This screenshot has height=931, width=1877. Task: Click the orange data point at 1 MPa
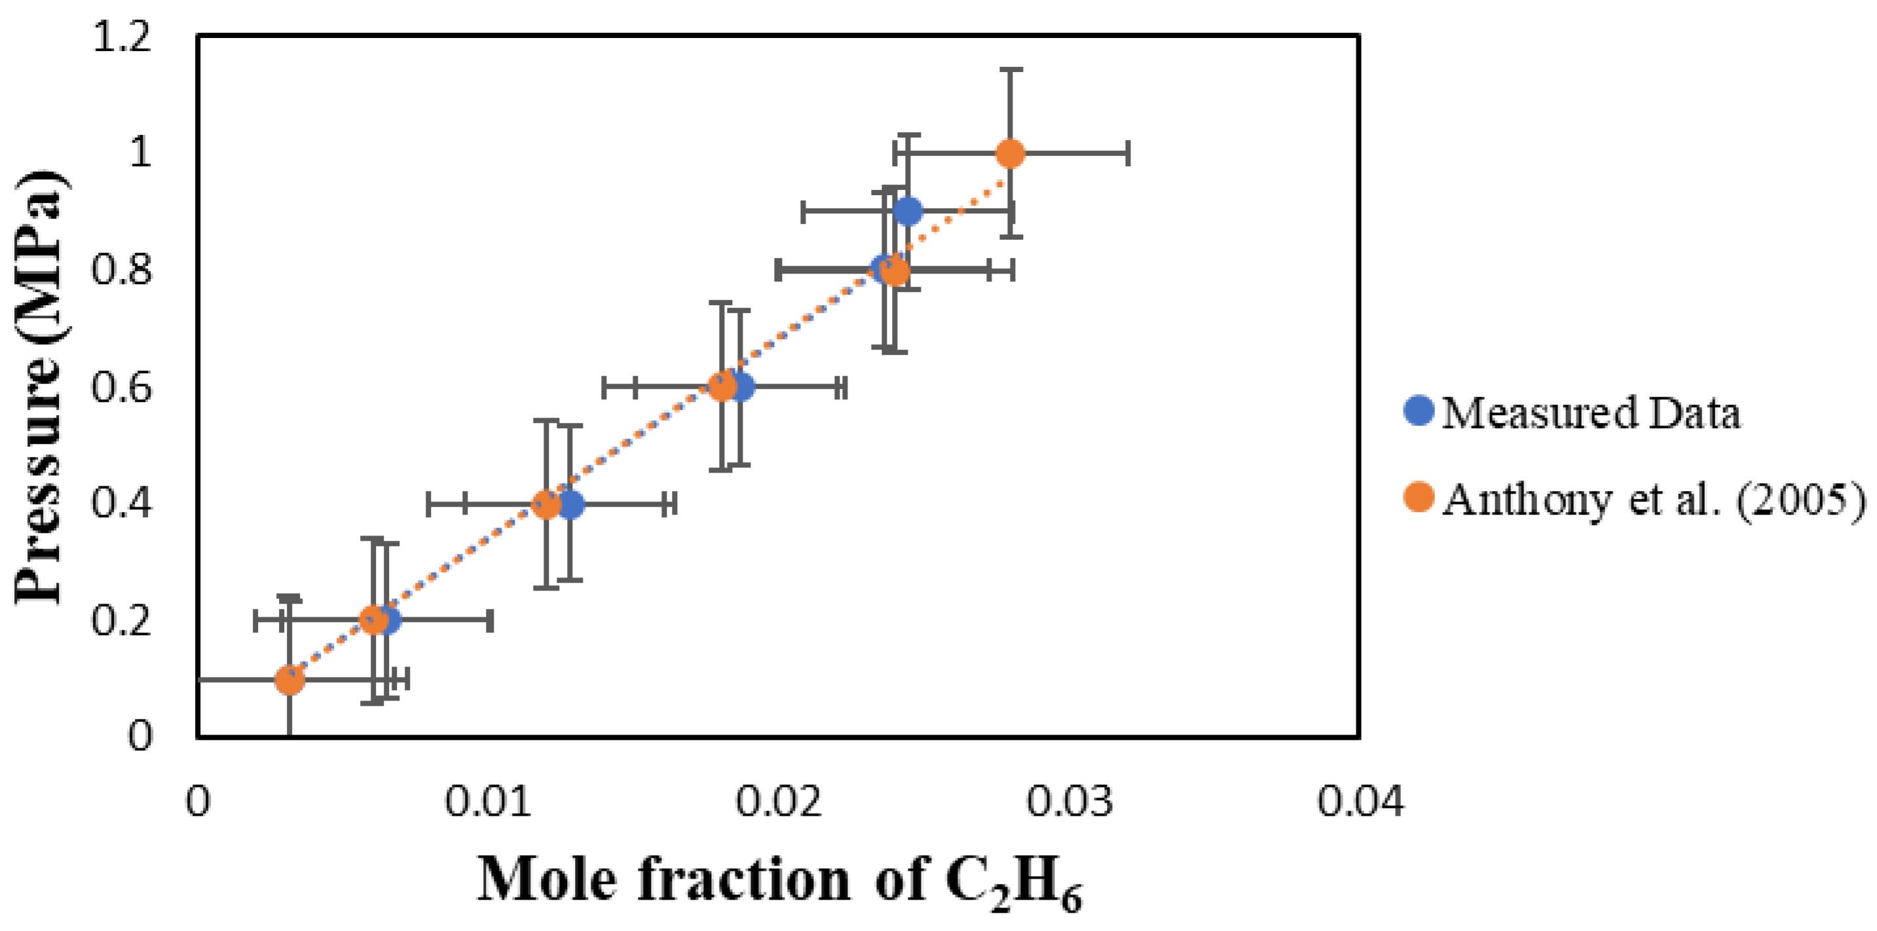[x=1010, y=154]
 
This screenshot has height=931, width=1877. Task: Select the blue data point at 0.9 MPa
[x=907, y=211]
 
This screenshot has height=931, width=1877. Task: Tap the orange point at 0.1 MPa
[x=289, y=680]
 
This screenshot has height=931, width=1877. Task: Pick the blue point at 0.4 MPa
[x=570, y=504]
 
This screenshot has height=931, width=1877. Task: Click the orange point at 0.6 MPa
[x=722, y=386]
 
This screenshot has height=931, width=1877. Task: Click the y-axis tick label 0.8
[x=122, y=270]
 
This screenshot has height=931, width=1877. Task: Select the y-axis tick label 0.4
[x=122, y=504]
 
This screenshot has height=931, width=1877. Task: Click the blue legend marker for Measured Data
[x=1419, y=411]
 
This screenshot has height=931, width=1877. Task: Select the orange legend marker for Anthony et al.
[x=1419, y=498]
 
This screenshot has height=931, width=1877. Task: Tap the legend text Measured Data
[x=1591, y=412]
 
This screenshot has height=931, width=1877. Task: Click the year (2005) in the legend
[x=1801, y=502]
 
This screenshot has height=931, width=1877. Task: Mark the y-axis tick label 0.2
[x=122, y=621]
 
